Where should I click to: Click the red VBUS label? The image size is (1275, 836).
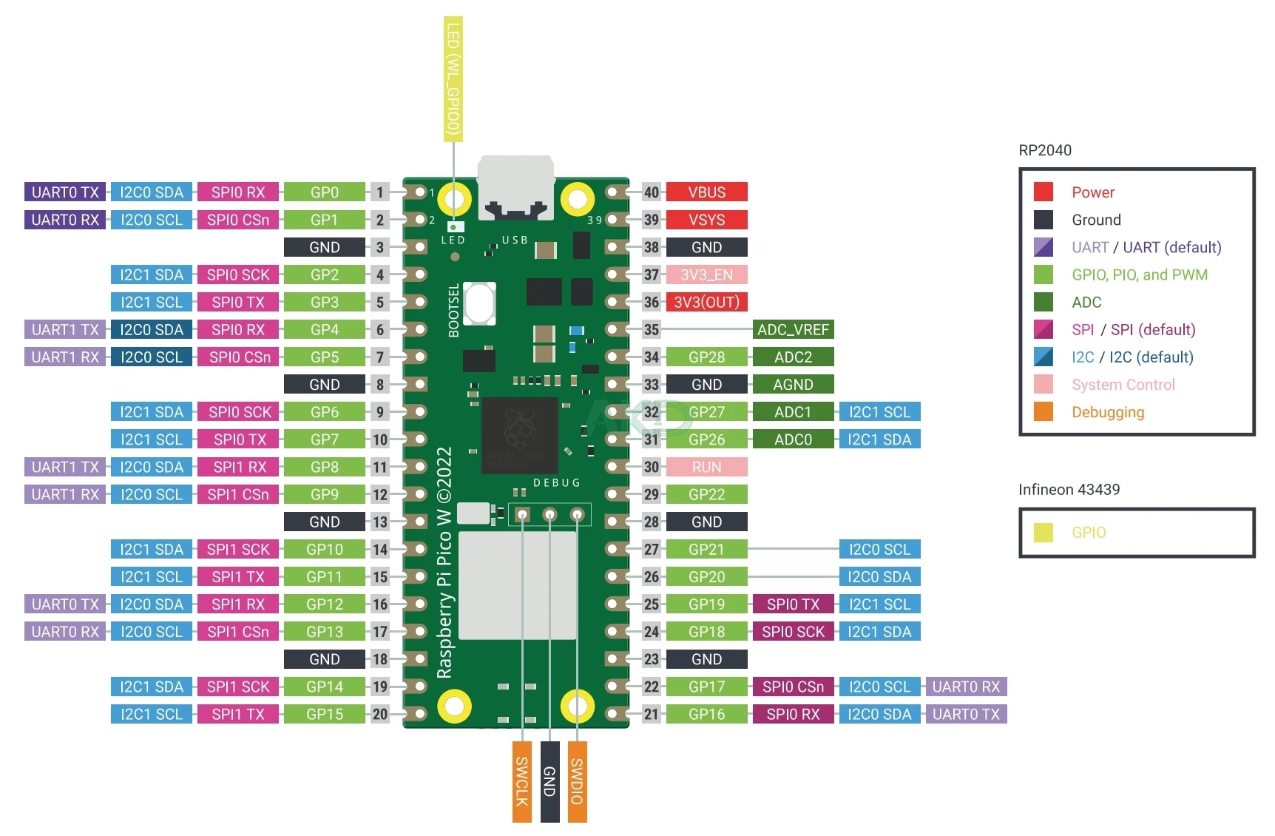point(706,192)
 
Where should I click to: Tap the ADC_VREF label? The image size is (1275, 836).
point(793,330)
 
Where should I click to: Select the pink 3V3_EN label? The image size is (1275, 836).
point(706,275)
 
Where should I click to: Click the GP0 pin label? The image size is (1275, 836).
point(324,192)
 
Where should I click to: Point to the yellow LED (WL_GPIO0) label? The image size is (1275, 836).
point(453,79)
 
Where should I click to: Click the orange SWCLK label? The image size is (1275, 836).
point(521,781)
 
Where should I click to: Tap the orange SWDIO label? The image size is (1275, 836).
point(577,781)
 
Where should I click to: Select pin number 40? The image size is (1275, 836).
point(651,192)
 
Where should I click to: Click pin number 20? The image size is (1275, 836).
point(379,715)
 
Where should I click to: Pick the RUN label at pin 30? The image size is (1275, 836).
point(706,468)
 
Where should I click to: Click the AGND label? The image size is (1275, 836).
point(793,385)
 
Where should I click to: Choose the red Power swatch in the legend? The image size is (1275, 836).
point(1043,192)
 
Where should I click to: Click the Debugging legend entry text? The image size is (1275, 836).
point(1108,412)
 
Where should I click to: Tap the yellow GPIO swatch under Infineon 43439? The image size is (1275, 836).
point(1043,533)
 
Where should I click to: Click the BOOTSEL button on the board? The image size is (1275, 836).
point(479,303)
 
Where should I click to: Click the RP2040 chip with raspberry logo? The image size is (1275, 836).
point(519,436)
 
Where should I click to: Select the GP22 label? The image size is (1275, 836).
point(706,495)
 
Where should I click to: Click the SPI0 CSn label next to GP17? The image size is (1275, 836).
point(793,687)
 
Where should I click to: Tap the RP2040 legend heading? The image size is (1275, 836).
point(1044,150)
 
